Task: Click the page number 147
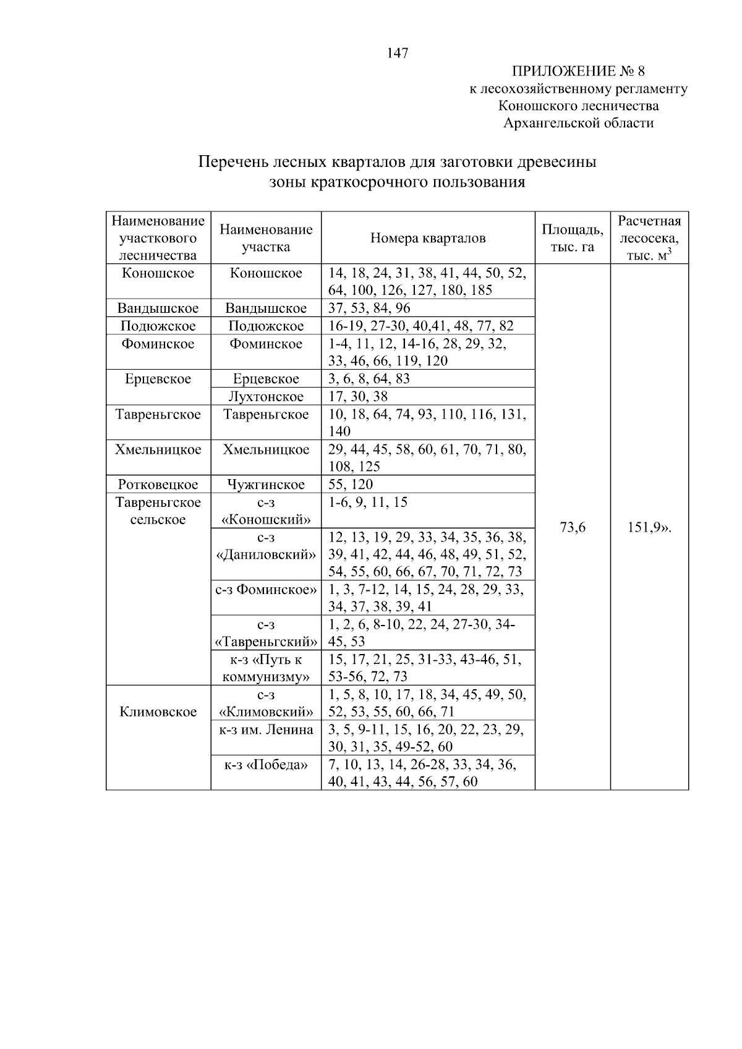coord(398,53)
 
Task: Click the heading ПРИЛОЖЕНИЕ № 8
coord(578,71)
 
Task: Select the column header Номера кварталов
coord(428,239)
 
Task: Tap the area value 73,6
coord(573,527)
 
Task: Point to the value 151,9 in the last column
coord(648,527)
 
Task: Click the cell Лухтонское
coord(266,396)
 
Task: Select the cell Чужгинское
coord(266,485)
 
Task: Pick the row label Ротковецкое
coord(158,485)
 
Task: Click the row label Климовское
coord(158,712)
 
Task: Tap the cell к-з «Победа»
coord(266,765)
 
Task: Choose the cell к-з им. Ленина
coord(266,729)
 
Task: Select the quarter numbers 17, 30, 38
coord(358,396)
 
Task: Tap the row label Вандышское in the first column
coord(158,308)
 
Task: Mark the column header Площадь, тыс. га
coord(573,239)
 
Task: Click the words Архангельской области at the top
coord(578,123)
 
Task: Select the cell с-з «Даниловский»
coord(266,546)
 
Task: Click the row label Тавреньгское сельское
coord(158,511)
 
